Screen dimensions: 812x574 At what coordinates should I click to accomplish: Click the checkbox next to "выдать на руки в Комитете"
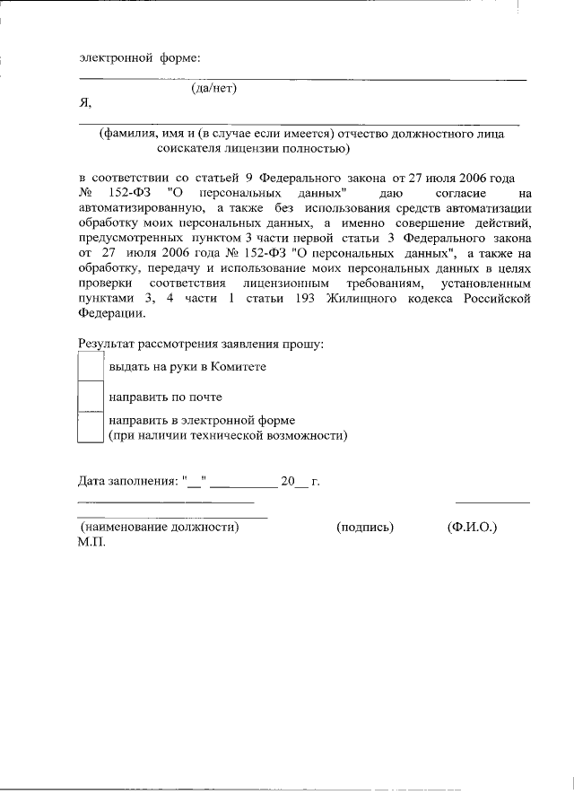(x=91, y=366)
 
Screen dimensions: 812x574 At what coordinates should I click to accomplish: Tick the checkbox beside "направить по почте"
(x=91, y=396)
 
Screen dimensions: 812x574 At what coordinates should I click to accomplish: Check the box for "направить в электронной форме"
(x=91, y=426)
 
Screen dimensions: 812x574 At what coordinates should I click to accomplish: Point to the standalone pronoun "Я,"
(x=85, y=104)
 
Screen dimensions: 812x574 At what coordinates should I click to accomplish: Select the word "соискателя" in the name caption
(x=188, y=148)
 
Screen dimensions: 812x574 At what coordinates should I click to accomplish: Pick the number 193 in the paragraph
(x=302, y=298)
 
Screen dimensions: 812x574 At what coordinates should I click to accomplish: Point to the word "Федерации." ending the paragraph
(x=110, y=313)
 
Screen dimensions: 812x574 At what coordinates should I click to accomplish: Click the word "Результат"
(x=106, y=344)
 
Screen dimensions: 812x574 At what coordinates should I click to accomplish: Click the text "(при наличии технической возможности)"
(x=228, y=435)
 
